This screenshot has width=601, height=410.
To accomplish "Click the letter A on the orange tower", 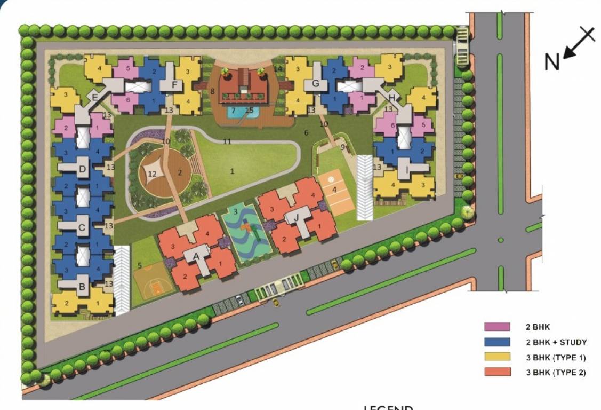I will [x=196, y=256].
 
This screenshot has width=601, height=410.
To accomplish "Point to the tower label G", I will [x=316, y=83].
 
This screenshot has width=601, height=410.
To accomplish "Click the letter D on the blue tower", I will [x=82, y=170].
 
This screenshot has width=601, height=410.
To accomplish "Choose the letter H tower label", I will [x=392, y=98].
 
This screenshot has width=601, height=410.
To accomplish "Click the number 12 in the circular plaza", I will [x=152, y=174].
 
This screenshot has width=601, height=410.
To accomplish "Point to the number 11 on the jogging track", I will [x=227, y=141].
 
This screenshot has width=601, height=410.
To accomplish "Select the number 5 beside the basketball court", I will [x=140, y=265].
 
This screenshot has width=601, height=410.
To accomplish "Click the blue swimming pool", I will [x=238, y=112].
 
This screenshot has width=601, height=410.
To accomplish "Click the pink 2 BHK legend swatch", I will [x=498, y=327].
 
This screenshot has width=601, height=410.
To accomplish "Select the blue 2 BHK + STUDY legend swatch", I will [x=498, y=342].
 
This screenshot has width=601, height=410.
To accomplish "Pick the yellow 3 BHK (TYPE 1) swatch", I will [x=498, y=357].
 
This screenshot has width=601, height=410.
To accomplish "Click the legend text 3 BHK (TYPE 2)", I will [x=556, y=372].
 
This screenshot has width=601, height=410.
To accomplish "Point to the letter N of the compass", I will [x=552, y=62].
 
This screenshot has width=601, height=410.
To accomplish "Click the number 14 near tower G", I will [x=278, y=68].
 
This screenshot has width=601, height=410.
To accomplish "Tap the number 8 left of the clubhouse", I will [x=212, y=91].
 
